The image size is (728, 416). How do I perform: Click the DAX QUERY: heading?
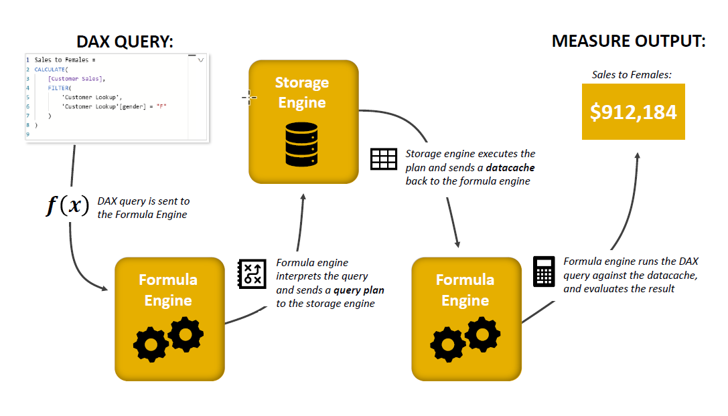[125, 41]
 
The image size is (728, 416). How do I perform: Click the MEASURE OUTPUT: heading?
[629, 41]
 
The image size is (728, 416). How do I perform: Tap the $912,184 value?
[634, 112]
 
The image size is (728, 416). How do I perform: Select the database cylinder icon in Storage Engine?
[302, 144]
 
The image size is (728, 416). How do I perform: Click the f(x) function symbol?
[68, 205]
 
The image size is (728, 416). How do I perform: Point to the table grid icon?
[384, 159]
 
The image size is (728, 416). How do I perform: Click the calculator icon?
[544, 272]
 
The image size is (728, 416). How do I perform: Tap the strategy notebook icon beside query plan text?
[252, 274]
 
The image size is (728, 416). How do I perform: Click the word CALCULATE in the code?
[50, 70]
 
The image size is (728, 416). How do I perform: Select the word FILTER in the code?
[58, 88]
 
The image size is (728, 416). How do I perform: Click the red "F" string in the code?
[161, 106]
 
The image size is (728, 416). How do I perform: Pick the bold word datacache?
[510, 167]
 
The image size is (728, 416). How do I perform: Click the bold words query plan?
[359, 290]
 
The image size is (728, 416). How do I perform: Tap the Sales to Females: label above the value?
[632, 75]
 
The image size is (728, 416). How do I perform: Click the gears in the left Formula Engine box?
[169, 339]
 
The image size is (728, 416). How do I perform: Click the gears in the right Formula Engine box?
[465, 339]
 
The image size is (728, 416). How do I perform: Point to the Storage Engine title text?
[302, 92]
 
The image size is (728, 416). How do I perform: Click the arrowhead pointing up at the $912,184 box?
[638, 157]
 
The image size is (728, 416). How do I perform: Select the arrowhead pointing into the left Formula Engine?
[104, 288]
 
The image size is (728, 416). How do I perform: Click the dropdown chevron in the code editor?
[200, 60]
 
